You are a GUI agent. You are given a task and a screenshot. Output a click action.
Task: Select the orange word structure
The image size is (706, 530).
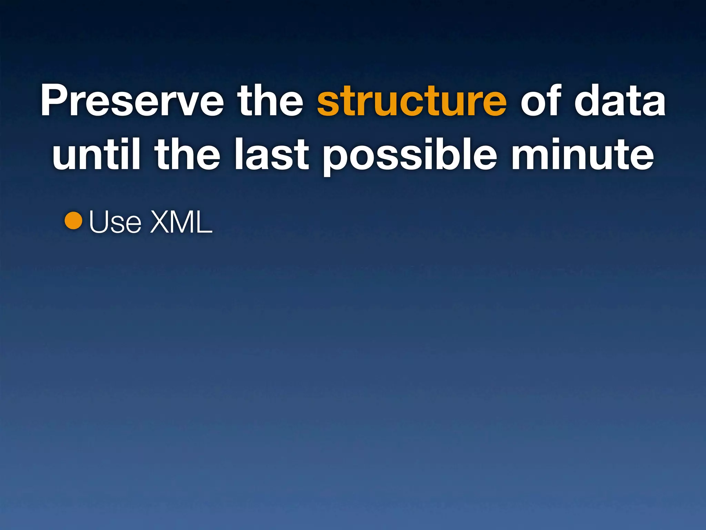click(x=412, y=101)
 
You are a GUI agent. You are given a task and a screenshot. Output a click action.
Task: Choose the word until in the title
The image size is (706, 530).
click(x=96, y=154)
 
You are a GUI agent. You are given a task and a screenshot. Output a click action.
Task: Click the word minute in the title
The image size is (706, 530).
click(x=582, y=154)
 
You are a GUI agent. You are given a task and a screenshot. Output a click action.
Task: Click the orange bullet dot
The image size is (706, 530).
click(x=73, y=221)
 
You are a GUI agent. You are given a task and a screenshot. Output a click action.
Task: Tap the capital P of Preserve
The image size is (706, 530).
click(x=56, y=100)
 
